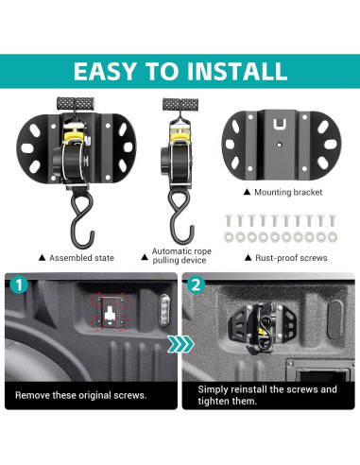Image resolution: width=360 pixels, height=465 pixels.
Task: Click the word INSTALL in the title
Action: [235, 70]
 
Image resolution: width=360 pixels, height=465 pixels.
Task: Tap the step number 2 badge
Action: [195, 284]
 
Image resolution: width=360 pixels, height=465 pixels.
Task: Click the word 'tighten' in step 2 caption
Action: [217, 404]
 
